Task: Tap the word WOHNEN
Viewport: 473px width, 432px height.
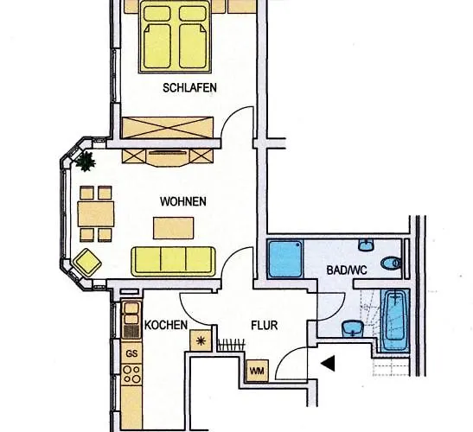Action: click(x=182, y=201)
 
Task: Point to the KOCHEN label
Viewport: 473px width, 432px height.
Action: click(x=167, y=325)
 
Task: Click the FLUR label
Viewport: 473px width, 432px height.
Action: click(x=263, y=327)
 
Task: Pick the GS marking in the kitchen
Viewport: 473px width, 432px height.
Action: click(x=131, y=353)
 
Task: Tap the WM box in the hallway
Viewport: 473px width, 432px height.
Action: click(x=257, y=372)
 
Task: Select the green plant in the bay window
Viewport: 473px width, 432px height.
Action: click(x=85, y=160)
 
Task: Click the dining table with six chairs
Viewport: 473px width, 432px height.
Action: click(x=95, y=213)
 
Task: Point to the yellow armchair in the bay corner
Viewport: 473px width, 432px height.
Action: click(x=86, y=260)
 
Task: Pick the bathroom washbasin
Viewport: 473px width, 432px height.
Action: click(x=352, y=329)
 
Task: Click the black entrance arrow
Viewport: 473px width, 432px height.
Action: click(x=327, y=364)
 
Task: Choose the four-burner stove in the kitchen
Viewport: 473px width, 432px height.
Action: click(x=131, y=375)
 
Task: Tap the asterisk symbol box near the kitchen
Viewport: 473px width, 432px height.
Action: click(x=201, y=340)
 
